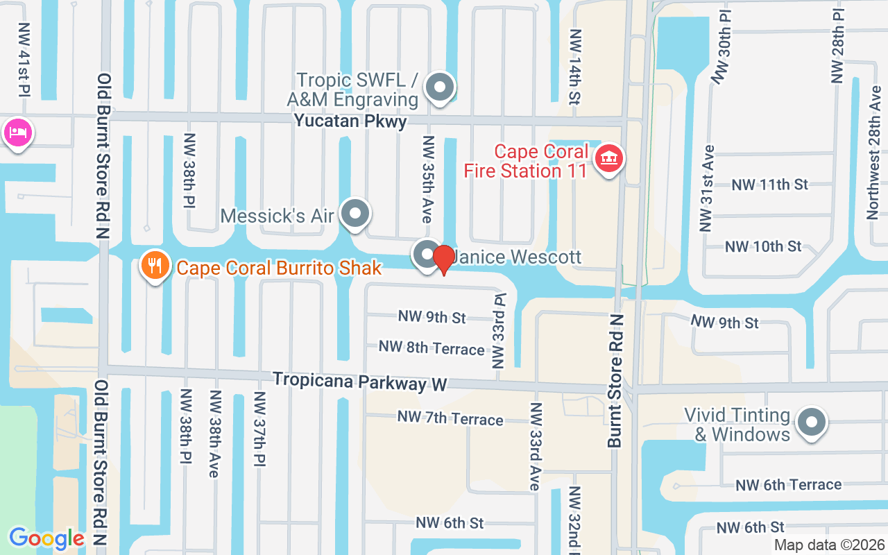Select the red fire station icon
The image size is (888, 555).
(609, 159)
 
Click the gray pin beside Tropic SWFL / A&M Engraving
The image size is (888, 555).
(439, 88)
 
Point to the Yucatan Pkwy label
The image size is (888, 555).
(350, 121)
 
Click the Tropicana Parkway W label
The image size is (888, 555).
(360, 381)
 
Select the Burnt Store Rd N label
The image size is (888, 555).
(616, 380)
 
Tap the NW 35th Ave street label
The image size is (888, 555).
(428, 179)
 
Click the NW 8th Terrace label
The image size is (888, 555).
(431, 348)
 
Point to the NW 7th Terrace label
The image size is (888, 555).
(450, 418)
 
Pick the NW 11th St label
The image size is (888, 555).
(770, 185)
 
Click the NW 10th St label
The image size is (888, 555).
(763, 246)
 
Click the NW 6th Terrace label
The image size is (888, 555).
(788, 484)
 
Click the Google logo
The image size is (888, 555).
(46, 538)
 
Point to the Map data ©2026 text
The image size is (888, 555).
(829, 545)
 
